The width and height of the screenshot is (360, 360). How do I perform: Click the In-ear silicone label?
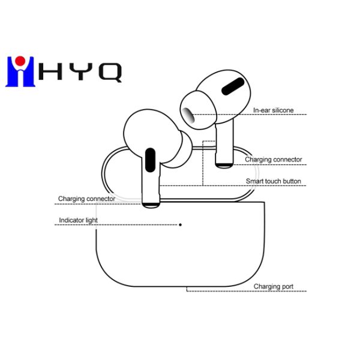click(273, 110)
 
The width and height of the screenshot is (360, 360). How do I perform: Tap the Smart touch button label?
click(273, 181)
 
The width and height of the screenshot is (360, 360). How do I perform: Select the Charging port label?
click(273, 287)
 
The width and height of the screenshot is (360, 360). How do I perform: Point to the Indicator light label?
click(78, 220)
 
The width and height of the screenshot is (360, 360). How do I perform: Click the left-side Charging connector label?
click(86, 199)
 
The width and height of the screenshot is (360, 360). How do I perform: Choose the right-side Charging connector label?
click(273, 160)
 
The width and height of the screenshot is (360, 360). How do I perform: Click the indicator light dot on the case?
click(181, 224)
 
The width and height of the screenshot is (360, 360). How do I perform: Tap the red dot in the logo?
click(20, 60)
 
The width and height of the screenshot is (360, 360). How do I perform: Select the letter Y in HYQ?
click(79, 71)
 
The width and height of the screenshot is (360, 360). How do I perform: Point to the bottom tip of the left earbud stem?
click(151, 204)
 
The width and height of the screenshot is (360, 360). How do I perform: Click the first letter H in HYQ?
click(48, 71)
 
